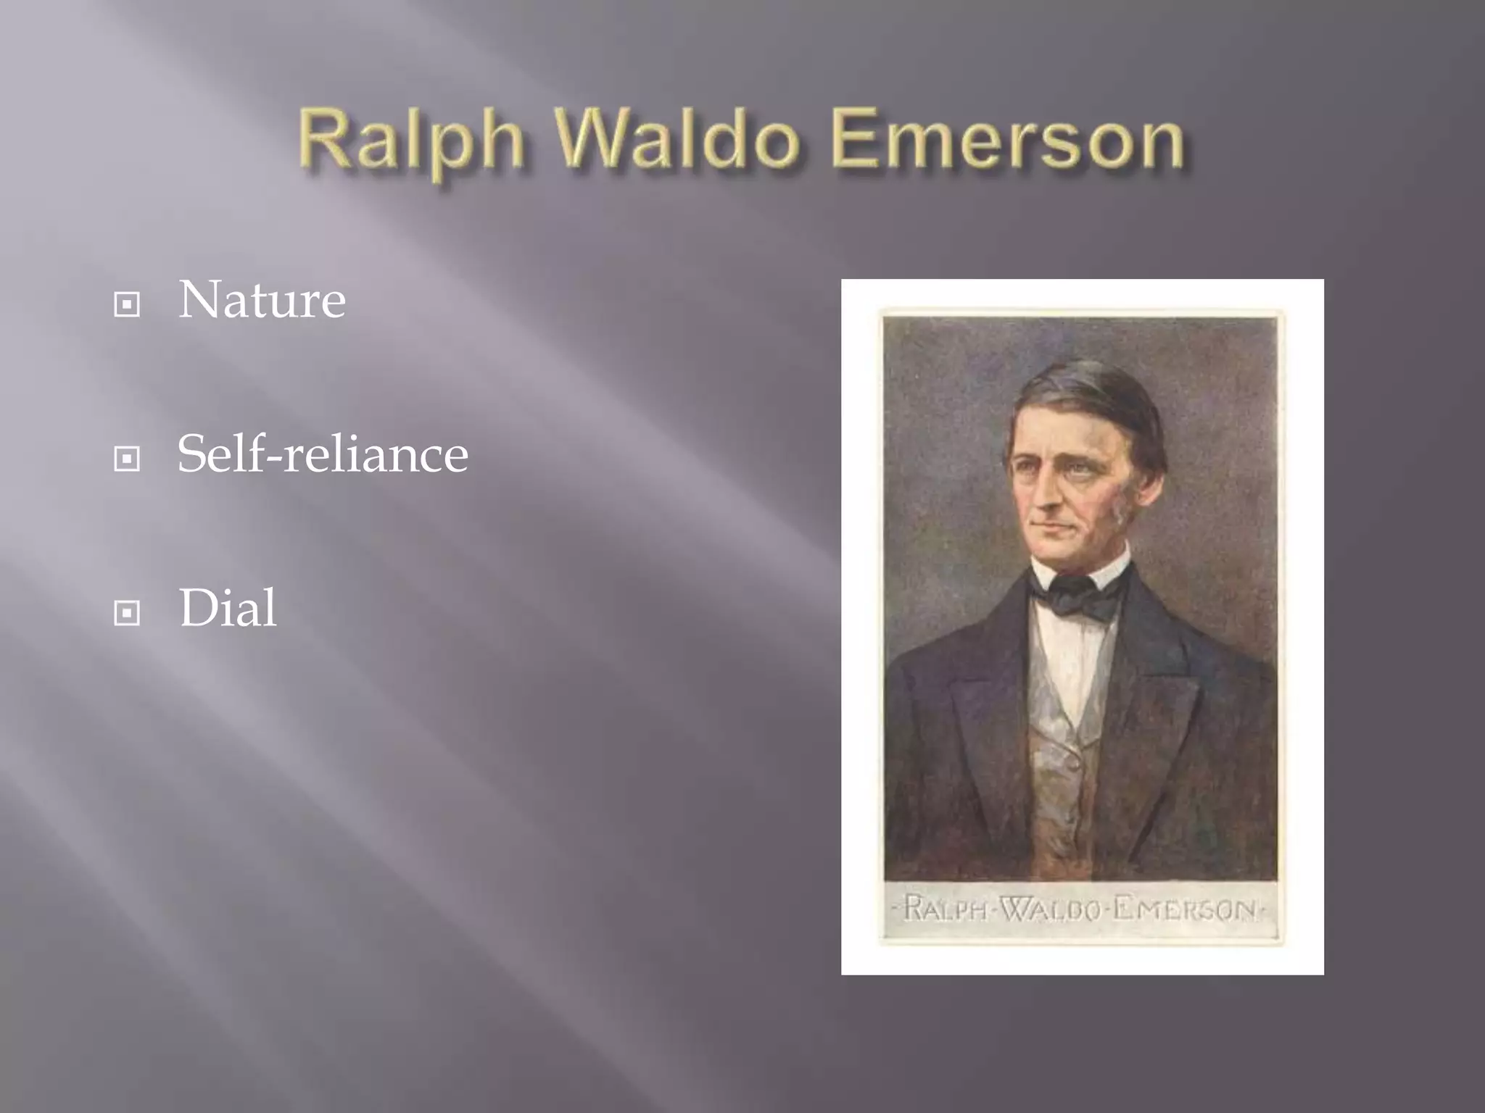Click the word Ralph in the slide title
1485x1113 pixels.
410,141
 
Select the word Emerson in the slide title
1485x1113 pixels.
1009,139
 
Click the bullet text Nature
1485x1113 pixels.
262,299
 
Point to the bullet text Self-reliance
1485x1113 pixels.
323,454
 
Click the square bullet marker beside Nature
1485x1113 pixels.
127,304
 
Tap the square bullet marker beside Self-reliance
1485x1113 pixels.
127,459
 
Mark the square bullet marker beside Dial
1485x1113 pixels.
127,614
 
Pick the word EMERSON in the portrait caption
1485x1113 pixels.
1183,909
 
